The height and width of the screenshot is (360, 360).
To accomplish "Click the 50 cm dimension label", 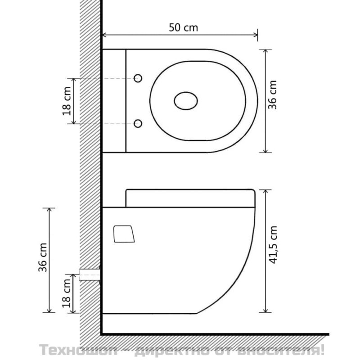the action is (x=183, y=27).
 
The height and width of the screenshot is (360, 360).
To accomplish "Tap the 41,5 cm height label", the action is (x=273, y=245).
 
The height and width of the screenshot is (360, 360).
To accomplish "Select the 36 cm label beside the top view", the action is (x=273, y=95).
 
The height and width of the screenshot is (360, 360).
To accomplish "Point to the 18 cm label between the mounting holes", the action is (x=67, y=101).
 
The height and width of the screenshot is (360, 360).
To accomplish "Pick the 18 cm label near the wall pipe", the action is (x=67, y=293).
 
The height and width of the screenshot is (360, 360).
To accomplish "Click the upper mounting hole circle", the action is (x=138, y=78).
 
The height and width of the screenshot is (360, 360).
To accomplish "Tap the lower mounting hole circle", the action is (x=138, y=123).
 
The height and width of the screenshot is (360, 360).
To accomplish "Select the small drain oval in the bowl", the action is (x=186, y=101).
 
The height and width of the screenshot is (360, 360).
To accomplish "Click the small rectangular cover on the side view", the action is (x=124, y=234).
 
